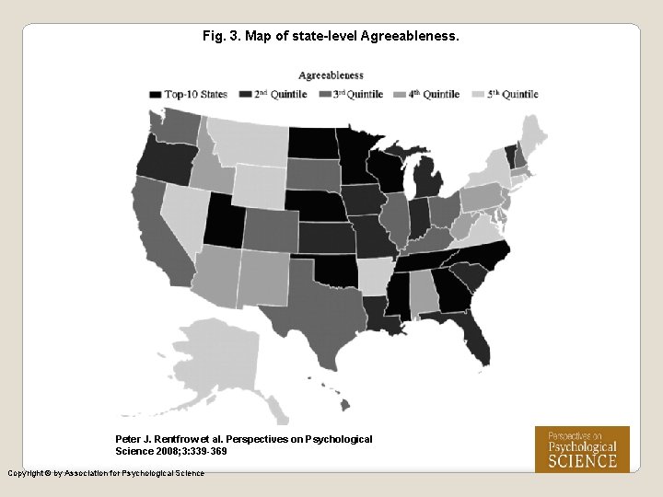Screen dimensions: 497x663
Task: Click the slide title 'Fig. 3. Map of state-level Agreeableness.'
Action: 331,37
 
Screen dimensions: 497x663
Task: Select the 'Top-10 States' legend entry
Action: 189,94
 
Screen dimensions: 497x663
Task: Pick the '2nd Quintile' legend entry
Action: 273,94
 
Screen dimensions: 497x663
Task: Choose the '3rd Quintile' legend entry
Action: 351,94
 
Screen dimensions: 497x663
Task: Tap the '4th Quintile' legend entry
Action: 427,94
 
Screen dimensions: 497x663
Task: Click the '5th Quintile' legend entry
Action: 506,94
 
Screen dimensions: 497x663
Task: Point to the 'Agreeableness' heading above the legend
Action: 331,75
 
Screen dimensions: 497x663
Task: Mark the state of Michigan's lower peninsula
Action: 426,179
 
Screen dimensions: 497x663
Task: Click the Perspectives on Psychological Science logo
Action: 582,448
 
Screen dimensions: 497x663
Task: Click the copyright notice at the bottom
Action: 106,473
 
